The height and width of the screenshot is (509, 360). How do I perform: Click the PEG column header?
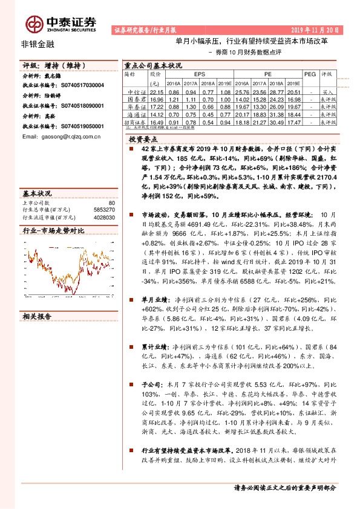click(309, 73)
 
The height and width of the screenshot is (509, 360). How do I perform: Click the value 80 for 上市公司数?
click(111, 203)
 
